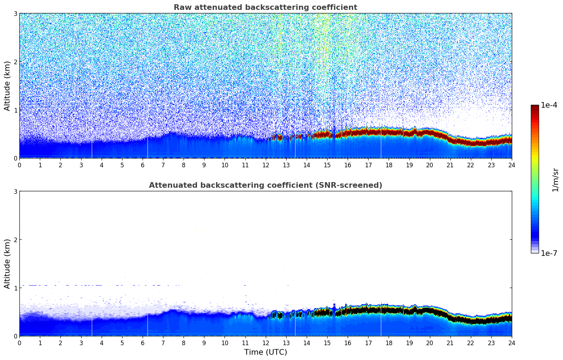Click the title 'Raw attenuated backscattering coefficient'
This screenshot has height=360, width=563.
pos(265,7)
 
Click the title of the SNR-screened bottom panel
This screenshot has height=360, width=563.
pos(265,185)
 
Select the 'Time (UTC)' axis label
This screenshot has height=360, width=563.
pos(265,352)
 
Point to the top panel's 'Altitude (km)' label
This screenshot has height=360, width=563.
pos(7,86)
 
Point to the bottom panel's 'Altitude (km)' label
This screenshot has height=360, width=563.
pos(7,264)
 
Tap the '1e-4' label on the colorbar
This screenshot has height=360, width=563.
pos(549,105)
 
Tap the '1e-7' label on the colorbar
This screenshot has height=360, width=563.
pos(549,253)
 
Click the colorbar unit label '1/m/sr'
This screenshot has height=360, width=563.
pos(555,180)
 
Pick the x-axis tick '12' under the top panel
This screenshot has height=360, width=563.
pos(266,165)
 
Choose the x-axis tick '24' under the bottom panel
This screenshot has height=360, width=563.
pos(512,343)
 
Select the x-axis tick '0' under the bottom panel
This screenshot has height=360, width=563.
pos(19,343)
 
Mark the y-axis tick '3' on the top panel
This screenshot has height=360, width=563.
pos(16,13)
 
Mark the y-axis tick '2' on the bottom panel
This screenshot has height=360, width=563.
pos(16,240)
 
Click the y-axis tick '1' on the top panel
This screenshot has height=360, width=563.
pos(16,110)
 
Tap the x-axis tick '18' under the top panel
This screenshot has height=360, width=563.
pos(389,165)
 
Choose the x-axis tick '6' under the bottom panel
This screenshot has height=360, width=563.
pos(143,343)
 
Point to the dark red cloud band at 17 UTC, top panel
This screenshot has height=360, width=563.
pos(368,132)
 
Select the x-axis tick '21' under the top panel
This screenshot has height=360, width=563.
pos(450,165)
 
